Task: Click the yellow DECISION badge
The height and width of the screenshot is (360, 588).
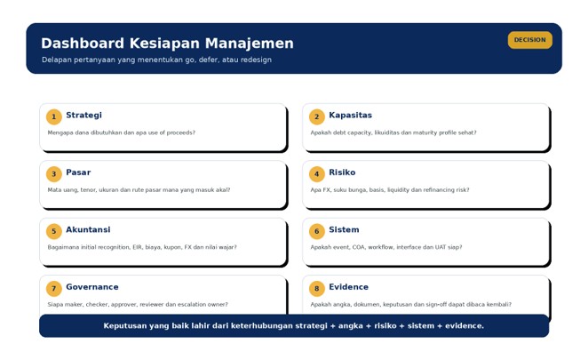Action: tap(530, 40)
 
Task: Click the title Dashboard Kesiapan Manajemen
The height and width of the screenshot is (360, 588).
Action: tap(167, 44)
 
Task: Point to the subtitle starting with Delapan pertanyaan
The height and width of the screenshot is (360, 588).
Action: tap(156, 60)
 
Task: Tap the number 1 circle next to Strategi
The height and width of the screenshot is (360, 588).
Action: tap(54, 116)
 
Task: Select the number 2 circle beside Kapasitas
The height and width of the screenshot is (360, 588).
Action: tap(317, 116)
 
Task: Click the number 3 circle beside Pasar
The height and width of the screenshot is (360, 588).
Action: tap(54, 174)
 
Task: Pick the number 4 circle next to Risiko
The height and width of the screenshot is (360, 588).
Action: tap(317, 174)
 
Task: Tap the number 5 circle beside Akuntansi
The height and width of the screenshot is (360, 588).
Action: tap(54, 231)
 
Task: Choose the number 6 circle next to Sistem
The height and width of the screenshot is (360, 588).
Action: tap(317, 231)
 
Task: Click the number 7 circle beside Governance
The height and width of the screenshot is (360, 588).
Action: tap(54, 289)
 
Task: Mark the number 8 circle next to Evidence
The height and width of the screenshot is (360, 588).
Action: tap(317, 289)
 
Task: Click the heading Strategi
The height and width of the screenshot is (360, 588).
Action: tap(84, 116)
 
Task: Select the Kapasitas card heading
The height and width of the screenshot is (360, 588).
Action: tap(351, 116)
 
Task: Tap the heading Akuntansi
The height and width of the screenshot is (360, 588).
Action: tap(88, 229)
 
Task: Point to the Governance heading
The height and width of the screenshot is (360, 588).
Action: tap(92, 287)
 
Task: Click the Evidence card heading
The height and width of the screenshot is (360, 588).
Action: tap(349, 287)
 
